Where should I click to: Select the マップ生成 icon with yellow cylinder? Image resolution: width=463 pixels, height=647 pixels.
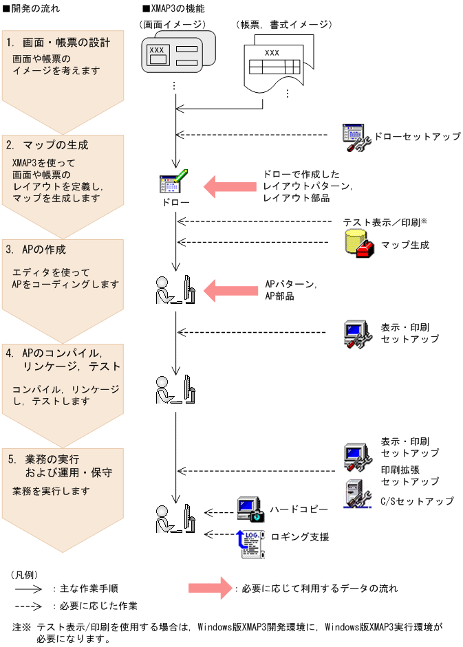click(x=358, y=243)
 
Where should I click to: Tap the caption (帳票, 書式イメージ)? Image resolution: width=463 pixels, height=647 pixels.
click(x=284, y=24)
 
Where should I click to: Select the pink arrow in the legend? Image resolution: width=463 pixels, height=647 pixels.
click(x=211, y=589)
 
